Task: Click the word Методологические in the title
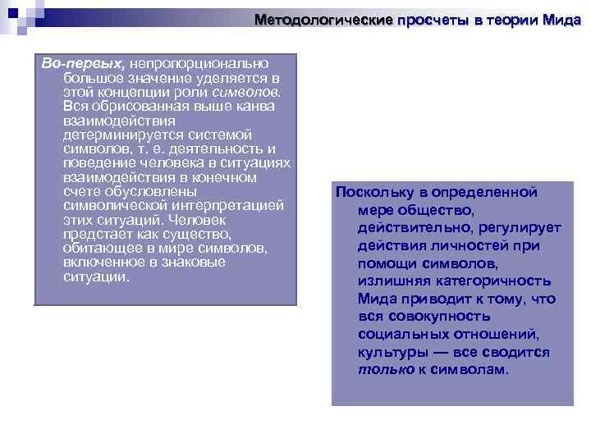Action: pos(324,20)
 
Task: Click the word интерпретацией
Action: pos(226,206)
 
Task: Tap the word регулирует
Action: pos(516,228)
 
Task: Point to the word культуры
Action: pos(390,352)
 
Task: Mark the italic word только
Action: pos(383,369)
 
